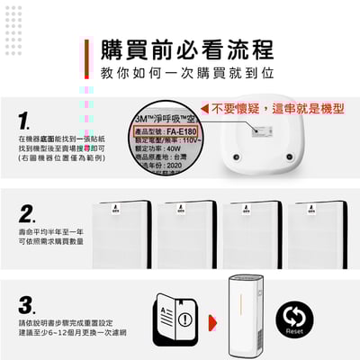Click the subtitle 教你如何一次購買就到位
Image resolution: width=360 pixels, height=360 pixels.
tap(186, 70)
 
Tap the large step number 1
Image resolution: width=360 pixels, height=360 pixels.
tap(28, 119)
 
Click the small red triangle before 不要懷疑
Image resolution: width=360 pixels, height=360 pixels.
tap(206, 108)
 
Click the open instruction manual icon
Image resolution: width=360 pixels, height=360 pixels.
tap(176, 317)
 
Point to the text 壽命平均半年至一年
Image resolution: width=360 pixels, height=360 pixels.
tap(50, 232)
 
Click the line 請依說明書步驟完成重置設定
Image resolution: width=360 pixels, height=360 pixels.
tap(64, 321)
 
